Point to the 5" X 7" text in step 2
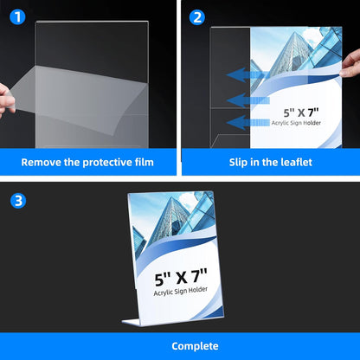click(306, 112)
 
